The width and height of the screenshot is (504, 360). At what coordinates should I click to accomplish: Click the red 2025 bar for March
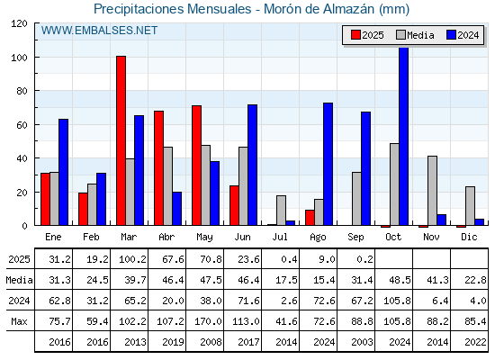click(121, 140)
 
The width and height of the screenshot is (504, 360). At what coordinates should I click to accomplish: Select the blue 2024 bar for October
click(404, 136)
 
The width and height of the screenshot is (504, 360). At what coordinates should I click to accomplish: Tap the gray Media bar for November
click(432, 191)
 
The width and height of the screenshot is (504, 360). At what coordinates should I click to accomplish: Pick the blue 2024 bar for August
click(328, 164)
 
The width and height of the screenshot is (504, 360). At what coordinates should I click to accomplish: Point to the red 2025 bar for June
click(234, 205)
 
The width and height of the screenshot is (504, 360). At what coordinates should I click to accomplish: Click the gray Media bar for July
click(281, 211)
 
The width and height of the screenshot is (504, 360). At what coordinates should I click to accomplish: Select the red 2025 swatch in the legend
click(355, 35)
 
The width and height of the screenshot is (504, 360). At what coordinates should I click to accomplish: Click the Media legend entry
click(415, 35)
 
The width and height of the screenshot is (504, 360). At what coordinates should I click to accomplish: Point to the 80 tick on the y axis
click(36, 91)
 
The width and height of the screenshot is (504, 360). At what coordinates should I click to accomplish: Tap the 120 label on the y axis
click(19, 23)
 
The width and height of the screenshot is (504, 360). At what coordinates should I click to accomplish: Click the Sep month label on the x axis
click(355, 238)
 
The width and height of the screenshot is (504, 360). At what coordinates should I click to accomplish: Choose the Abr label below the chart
click(166, 238)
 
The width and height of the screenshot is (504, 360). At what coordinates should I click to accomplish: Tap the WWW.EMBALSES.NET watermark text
click(99, 31)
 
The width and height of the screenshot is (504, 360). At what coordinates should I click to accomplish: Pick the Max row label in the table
click(19, 321)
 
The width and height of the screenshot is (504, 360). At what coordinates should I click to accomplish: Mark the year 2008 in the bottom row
click(211, 342)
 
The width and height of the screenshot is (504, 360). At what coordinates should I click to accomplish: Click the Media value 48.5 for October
click(400, 280)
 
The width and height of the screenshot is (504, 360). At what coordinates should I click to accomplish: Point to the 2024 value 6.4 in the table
click(441, 301)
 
